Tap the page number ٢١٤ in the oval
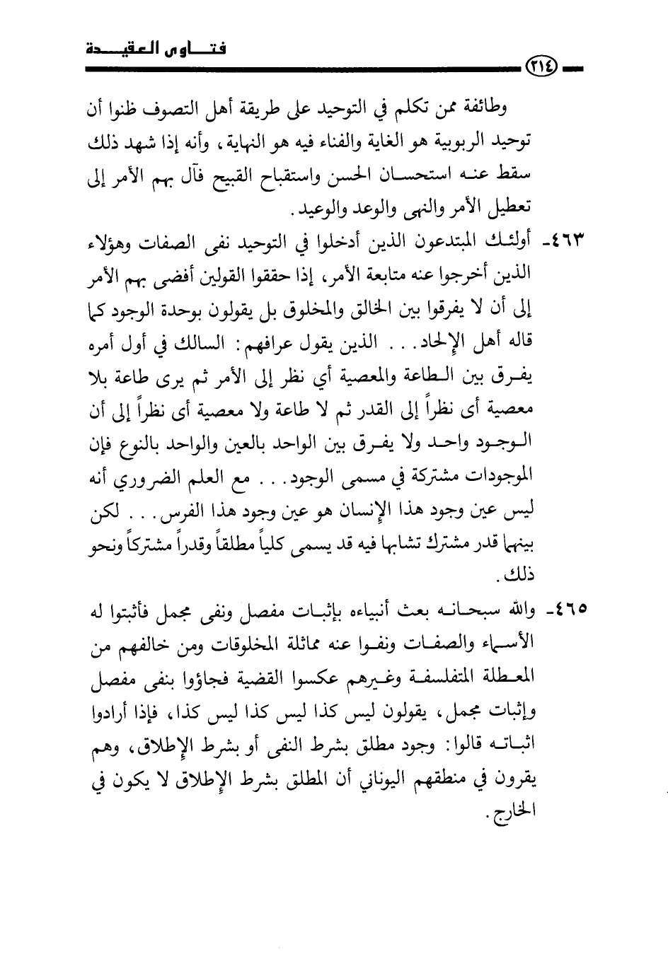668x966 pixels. point(543,69)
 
